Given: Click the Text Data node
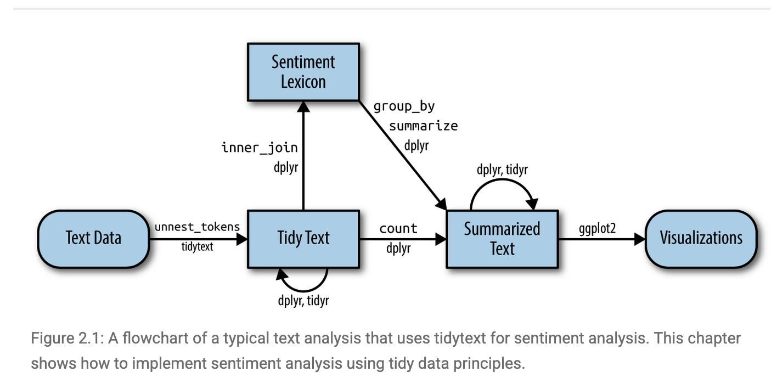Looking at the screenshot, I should [93, 238].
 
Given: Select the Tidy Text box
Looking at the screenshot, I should [303, 238].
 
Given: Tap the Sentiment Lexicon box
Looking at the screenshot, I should [303, 72].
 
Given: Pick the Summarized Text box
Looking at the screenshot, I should [502, 239].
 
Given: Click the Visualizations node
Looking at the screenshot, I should [701, 238].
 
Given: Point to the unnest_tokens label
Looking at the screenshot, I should [197, 227].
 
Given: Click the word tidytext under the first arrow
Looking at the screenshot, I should [197, 247].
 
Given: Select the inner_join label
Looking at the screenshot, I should [260, 147].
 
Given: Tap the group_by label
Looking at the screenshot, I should [404, 106].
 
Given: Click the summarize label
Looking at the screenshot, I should [423, 126].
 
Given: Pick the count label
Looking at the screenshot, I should [398, 228].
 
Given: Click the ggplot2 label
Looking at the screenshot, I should [597, 228].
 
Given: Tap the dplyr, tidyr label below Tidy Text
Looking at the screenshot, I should [303, 300].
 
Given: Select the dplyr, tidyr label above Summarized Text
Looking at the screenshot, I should [502, 170].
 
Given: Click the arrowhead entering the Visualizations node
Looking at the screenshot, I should [639, 239].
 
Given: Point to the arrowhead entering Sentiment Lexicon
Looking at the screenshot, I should [303, 107].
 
